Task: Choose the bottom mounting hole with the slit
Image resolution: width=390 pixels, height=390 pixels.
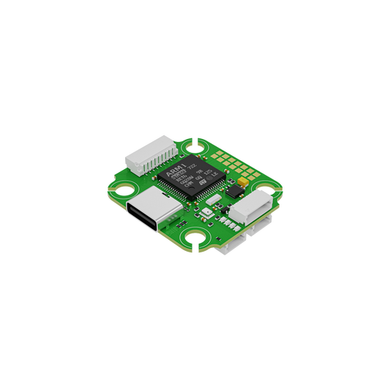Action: click(196, 239)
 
